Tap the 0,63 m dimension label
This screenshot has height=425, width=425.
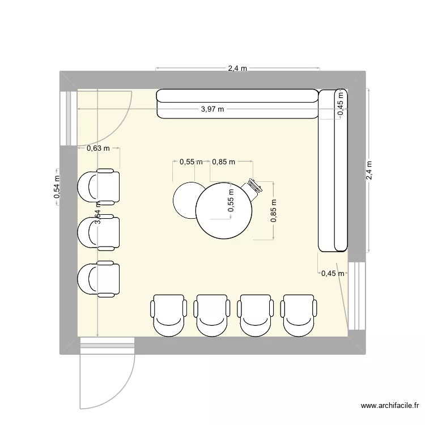97,148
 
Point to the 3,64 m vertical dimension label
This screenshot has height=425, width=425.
97,214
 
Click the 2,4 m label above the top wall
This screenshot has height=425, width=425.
237,69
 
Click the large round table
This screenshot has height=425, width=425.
224,210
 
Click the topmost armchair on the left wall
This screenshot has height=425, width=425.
99,186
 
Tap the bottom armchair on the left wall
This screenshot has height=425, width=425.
99,279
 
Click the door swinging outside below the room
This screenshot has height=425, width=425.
107,374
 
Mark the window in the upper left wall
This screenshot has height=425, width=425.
69,117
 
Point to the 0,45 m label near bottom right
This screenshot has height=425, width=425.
333,274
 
